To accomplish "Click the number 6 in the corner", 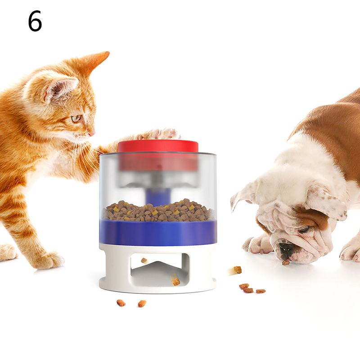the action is pos(35,21).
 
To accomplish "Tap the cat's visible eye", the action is pos(76,118).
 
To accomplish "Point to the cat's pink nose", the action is pos(92,134).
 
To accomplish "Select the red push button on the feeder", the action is pos(158,147).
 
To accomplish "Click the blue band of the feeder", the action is pos(158,232).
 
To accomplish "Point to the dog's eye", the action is pos(305,229).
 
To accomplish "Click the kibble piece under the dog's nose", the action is pos(286,263).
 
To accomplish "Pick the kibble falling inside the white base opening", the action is pos(175,282).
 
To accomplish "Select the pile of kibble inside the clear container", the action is pos(158,211).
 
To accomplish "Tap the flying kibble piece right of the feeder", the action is pos(238,270).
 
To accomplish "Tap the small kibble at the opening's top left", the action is pos(144,261).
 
